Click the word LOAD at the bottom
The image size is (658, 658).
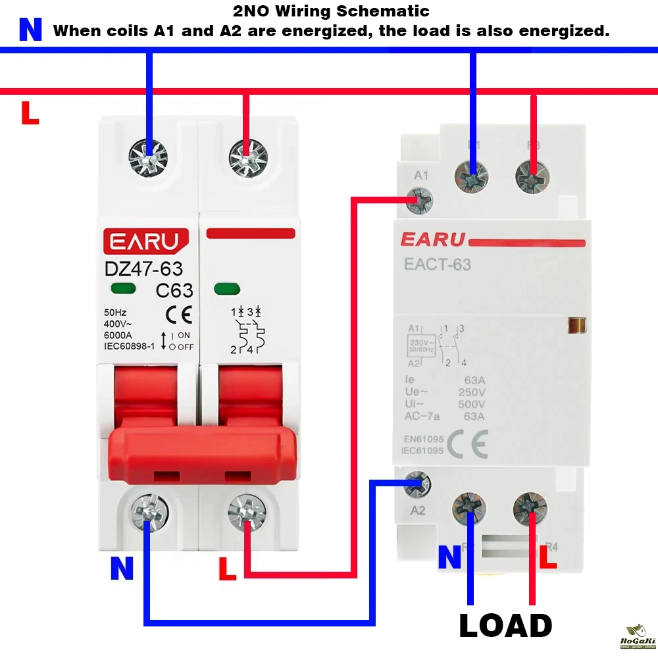[505, 626]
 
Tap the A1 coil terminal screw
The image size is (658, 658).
[419, 199]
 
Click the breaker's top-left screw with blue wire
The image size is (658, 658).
[149, 157]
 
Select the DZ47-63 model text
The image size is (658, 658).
[144, 268]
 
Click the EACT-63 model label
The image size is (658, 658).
[438, 265]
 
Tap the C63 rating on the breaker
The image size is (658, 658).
[174, 290]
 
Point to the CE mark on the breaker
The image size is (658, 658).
[178, 316]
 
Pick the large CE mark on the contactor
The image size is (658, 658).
[468, 444]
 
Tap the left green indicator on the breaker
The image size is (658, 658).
[124, 288]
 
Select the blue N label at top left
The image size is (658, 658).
[30, 30]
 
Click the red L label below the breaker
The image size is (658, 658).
[227, 570]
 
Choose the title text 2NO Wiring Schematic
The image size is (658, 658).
[331, 11]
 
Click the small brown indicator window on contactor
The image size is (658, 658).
[577, 325]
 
